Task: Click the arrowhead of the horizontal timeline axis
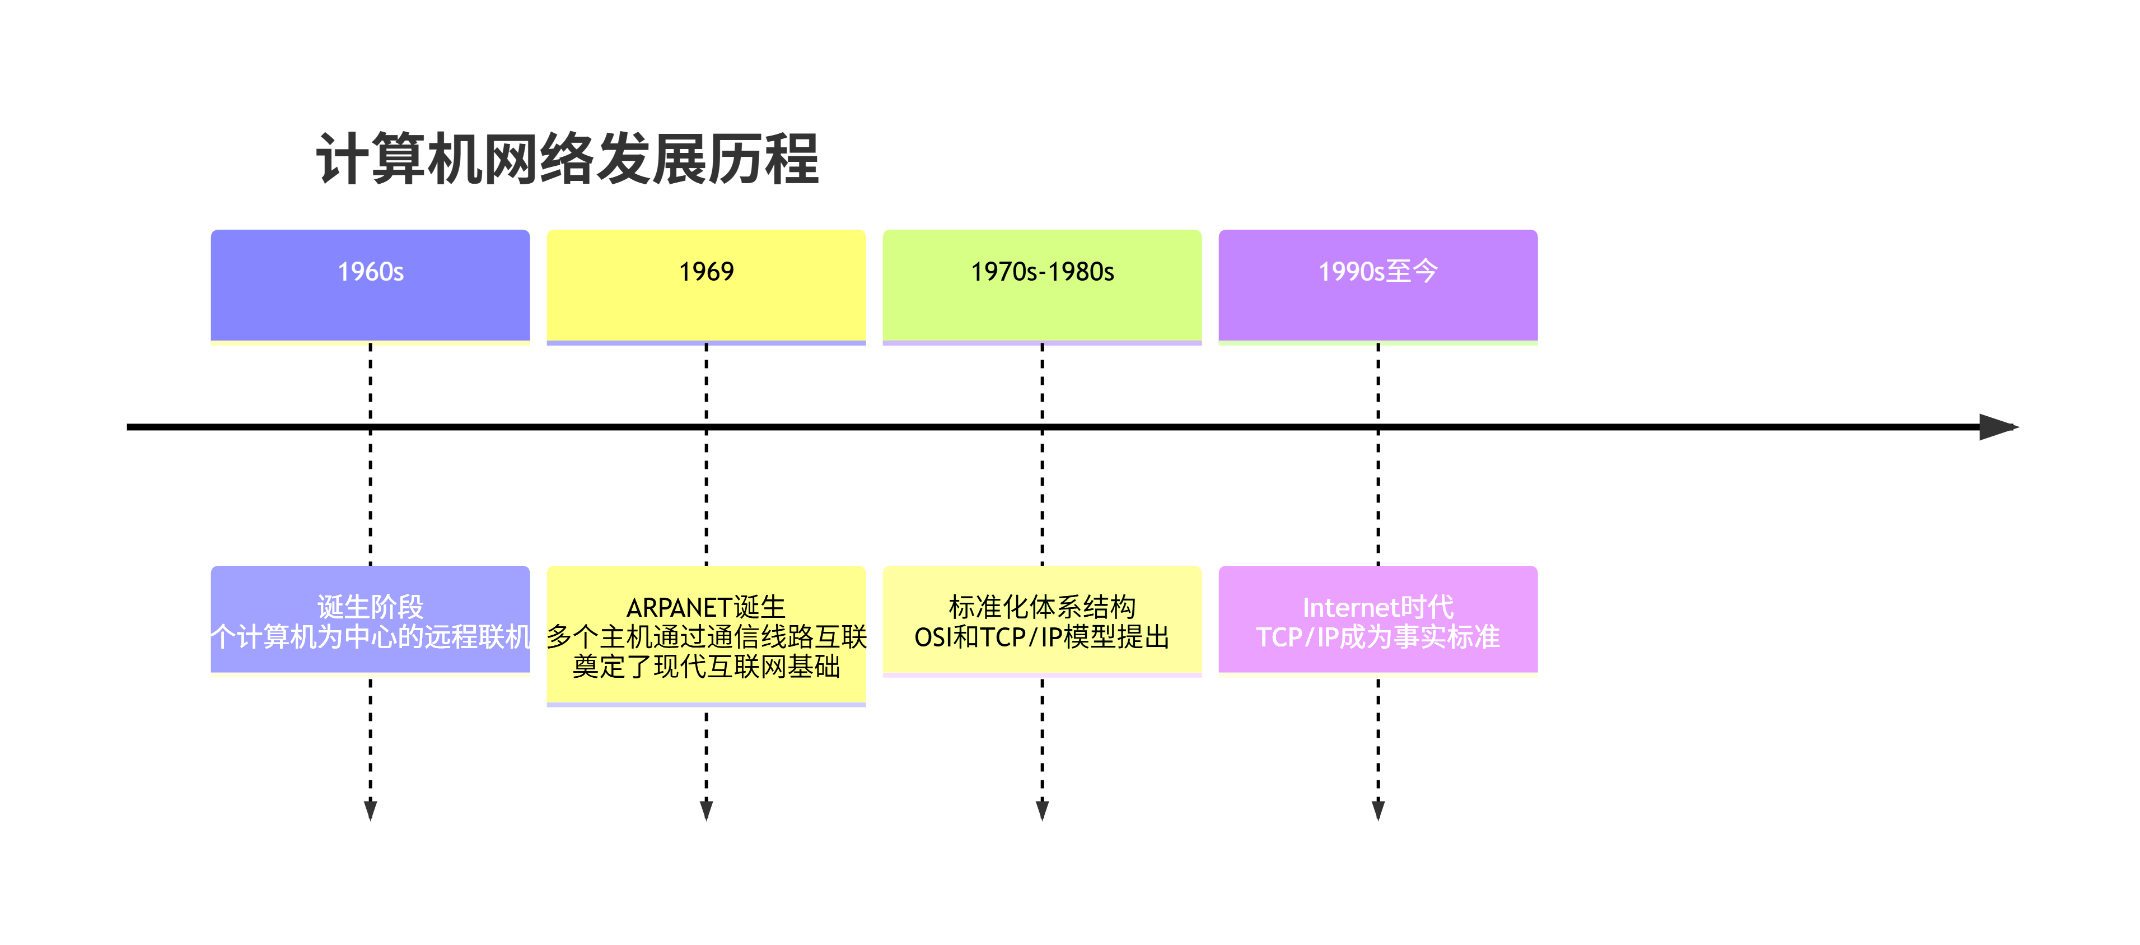(x=1998, y=427)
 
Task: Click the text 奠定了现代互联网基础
(x=706, y=667)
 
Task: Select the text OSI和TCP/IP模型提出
(x=1042, y=637)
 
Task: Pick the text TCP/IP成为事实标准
(x=1377, y=637)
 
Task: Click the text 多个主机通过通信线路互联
(x=706, y=637)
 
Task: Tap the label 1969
(x=706, y=272)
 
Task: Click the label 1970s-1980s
(x=1042, y=272)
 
